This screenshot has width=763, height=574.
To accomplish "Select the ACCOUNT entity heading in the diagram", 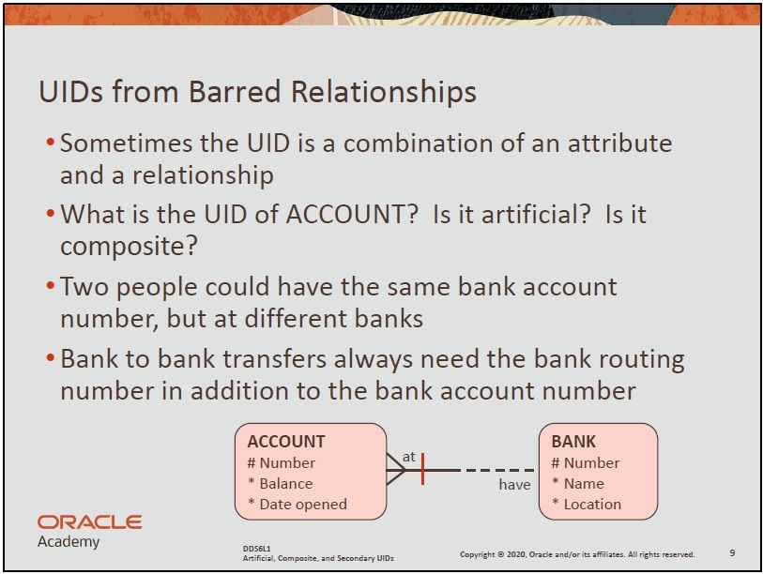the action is point(286,441).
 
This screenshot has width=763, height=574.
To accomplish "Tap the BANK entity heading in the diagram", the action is point(573,441).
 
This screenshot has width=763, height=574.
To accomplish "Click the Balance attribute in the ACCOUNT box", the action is point(281,484).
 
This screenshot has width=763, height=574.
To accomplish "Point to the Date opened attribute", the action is point(298,505).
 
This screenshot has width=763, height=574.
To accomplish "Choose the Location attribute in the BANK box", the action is point(587,505).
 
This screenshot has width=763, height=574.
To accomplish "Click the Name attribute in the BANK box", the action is point(577,484).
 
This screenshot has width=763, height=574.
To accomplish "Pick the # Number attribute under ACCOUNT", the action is point(282,462).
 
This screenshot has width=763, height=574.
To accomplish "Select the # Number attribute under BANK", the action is point(586,462).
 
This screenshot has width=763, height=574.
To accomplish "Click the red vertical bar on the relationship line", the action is point(423,469).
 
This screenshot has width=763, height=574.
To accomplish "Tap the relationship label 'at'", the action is point(409,457).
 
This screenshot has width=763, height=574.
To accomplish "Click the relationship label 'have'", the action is point(514,485).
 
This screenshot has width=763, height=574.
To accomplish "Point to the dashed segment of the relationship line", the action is point(499,471).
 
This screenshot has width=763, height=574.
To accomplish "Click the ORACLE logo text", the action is point(89,522).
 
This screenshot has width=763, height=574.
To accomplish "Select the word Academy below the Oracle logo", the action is point(69,541).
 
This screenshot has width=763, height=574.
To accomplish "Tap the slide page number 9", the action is point(732,552).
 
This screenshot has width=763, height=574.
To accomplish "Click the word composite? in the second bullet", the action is point(129,247).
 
